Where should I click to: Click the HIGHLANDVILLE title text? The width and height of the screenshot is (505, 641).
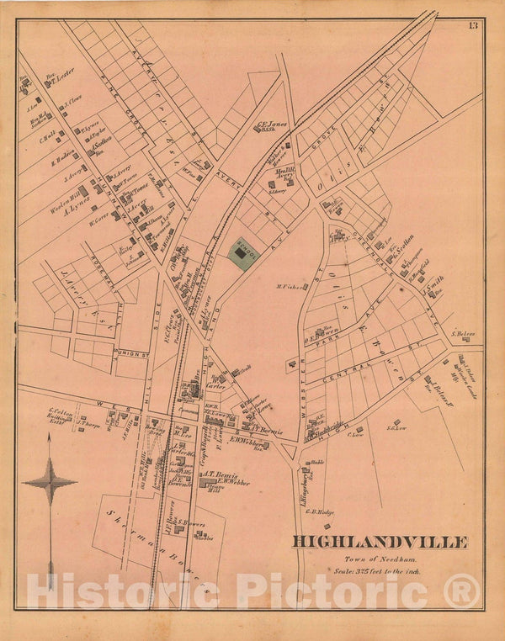coord(380,542)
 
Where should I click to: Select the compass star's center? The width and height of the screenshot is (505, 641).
coord(50,482)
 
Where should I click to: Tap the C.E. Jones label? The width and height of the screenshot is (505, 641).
coord(272,124)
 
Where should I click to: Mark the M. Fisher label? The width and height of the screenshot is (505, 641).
coord(289,286)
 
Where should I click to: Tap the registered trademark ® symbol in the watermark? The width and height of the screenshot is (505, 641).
coord(460,591)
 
